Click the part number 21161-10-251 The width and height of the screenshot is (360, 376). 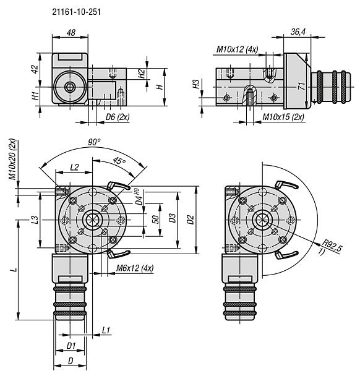click(77, 12)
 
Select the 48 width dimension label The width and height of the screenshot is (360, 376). click(71, 33)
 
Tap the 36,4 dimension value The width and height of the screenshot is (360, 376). click(298, 32)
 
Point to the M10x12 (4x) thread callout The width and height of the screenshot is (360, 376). click(237, 49)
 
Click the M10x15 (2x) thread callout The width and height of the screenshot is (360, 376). click(283, 117)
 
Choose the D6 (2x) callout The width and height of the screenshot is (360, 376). click(118, 117)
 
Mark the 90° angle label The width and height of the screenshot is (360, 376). click(94, 142)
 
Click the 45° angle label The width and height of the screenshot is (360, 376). click(119, 161)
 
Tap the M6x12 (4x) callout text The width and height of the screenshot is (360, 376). click(135, 268)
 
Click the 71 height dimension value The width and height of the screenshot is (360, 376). click(302, 86)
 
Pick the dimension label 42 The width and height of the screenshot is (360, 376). click(35, 69)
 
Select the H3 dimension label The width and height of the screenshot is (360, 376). click(196, 84)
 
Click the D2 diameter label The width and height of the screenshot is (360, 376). click(190, 220)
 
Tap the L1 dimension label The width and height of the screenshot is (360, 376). click(106, 330)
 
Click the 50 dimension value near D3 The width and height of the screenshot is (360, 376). click(156, 220)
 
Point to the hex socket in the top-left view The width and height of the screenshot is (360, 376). click(69, 88)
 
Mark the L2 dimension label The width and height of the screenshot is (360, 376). click(74, 167)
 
